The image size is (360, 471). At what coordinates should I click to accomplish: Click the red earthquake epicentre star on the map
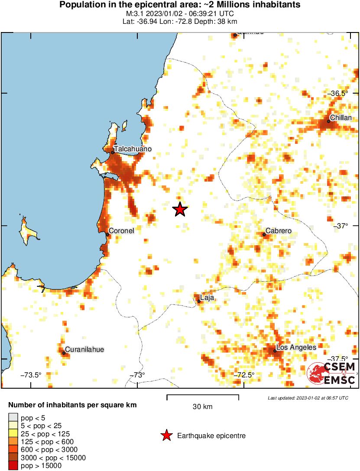click(180, 209)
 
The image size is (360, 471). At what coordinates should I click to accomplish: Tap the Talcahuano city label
click(133, 149)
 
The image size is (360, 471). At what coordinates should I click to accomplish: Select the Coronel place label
click(121, 231)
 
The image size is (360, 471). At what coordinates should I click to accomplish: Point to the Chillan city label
click(341, 117)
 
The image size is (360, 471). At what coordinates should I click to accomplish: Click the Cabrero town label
click(278, 231)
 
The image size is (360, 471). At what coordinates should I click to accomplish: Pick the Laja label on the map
click(208, 298)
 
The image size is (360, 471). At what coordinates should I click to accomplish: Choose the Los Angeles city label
click(296, 348)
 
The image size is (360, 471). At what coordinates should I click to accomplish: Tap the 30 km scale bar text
click(202, 406)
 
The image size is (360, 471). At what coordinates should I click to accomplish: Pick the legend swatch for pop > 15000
click(13, 466)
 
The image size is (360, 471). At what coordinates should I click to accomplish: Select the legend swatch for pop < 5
click(13, 418)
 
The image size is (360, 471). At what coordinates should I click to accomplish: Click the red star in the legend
click(165, 435)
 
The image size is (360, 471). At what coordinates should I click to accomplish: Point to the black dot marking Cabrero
click(264, 234)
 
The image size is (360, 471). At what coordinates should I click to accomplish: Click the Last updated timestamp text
click(308, 398)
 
